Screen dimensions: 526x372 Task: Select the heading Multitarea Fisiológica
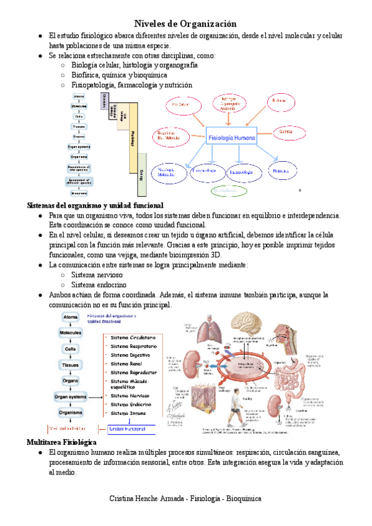[x=61, y=442]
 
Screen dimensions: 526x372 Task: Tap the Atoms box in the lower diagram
[x=70, y=317]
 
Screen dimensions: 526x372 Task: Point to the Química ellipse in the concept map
[x=286, y=132]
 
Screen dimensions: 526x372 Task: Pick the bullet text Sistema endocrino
[x=97, y=285]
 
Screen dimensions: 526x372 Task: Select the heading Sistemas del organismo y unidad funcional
[x=95, y=205]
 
